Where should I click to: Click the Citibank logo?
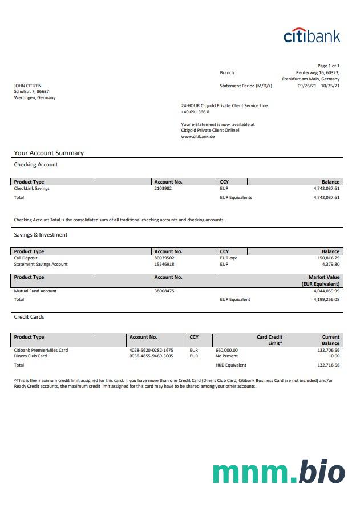coord(312,35)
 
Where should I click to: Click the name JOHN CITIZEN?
coord(27,86)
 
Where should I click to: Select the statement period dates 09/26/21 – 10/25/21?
coord(318,86)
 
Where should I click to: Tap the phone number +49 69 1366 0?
coord(195,112)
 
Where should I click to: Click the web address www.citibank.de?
coord(197,137)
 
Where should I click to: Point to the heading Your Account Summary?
coord(49,153)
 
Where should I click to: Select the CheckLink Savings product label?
coord(31,188)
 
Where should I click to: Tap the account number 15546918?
coord(164,264)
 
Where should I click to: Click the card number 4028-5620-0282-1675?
coord(151,350)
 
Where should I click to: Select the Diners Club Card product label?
coord(30,356)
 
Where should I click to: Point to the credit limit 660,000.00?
coord(226,350)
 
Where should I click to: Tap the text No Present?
coord(226,356)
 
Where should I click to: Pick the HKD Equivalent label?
coord(231,365)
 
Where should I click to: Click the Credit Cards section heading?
coord(29,316)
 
